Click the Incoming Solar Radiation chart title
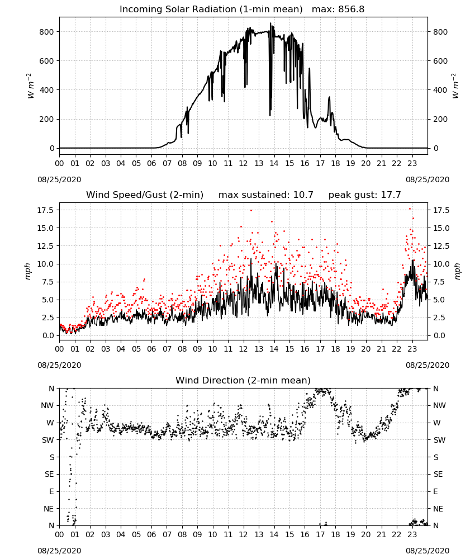pyautogui.click(x=211, y=10)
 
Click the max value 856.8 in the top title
pyautogui.click(x=351, y=10)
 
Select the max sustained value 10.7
pyautogui.click(x=303, y=195)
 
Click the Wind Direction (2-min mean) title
pyautogui.click(x=243, y=380)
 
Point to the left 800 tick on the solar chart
pyautogui.click(x=47, y=32)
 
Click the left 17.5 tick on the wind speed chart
pyautogui.click(x=45, y=210)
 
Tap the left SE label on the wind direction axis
pyautogui.click(x=49, y=474)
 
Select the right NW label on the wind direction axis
pyautogui.click(x=439, y=405)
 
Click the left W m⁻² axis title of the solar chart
pyautogui.click(x=30, y=86)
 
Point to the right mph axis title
pyautogui.click(x=458, y=271)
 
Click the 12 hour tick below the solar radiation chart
pyautogui.click(x=244, y=163)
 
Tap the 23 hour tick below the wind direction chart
pyautogui.click(x=412, y=535)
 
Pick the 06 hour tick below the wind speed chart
pyautogui.click(x=151, y=349)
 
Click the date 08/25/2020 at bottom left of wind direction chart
pyautogui.click(x=59, y=551)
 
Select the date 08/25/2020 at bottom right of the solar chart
pyautogui.click(x=427, y=179)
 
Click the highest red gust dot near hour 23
pyautogui.click(x=410, y=209)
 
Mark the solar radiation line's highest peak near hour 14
pyautogui.click(x=270, y=23)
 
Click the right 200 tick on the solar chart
pyautogui.click(x=440, y=119)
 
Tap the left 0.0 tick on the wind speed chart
pyautogui.click(x=47, y=335)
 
